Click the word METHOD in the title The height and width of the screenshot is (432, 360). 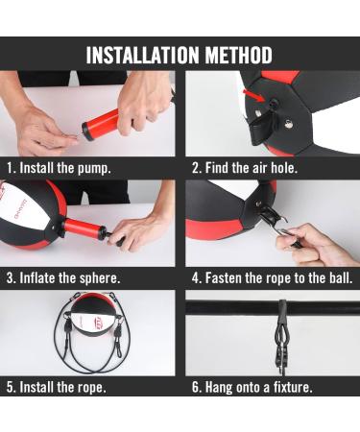(239, 55)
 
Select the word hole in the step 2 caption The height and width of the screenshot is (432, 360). (284, 168)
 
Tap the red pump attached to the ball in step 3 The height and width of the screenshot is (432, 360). (84, 228)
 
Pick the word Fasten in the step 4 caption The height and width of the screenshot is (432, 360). (224, 277)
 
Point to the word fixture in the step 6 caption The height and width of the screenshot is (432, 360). (293, 387)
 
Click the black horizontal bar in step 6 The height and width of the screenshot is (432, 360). (273, 308)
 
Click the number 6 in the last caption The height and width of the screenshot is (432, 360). (195, 387)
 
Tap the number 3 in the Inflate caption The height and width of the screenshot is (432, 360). (11, 278)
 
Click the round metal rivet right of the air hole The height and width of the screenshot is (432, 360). (289, 123)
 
